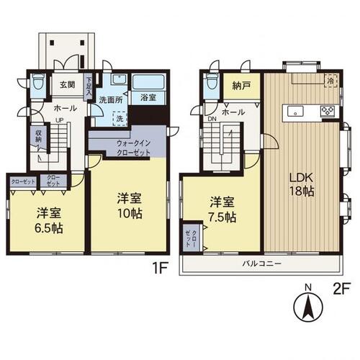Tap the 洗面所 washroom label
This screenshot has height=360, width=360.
point(112,99)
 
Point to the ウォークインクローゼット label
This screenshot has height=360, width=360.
point(132,147)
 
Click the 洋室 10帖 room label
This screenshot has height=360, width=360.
point(127,204)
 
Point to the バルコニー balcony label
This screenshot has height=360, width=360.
point(261,264)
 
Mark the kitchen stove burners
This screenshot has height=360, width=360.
point(327,111)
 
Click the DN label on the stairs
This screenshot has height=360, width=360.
point(212,120)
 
